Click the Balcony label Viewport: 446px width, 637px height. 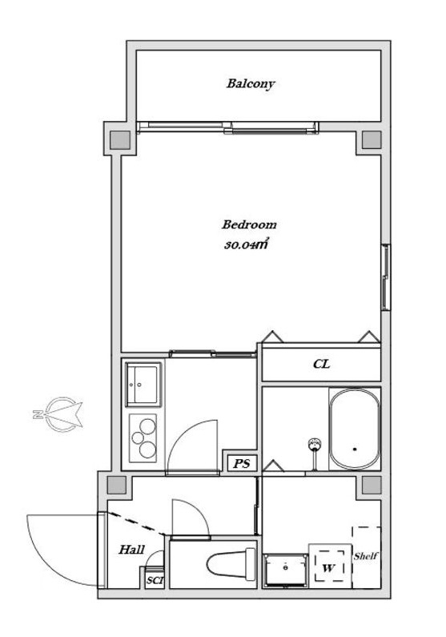[251, 83]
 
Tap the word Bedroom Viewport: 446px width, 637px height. [249, 224]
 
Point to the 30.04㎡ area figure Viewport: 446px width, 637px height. [246, 245]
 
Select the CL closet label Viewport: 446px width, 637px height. [321, 364]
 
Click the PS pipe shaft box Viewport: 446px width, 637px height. [242, 463]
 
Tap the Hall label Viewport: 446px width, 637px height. [131, 550]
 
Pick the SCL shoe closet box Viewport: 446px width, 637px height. [155, 581]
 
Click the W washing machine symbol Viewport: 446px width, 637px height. [330, 566]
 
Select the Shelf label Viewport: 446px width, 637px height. [366, 556]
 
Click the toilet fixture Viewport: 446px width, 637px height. [231, 564]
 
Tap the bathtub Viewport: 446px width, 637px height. [355, 429]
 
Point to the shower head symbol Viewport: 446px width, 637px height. [315, 444]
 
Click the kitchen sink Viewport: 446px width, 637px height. [142, 385]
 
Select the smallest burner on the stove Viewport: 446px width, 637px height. [138, 438]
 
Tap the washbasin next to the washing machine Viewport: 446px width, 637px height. [286, 570]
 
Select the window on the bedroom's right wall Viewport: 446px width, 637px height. [385, 277]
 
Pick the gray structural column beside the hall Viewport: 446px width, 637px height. [117, 485]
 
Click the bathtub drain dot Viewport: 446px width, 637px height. [355, 450]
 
